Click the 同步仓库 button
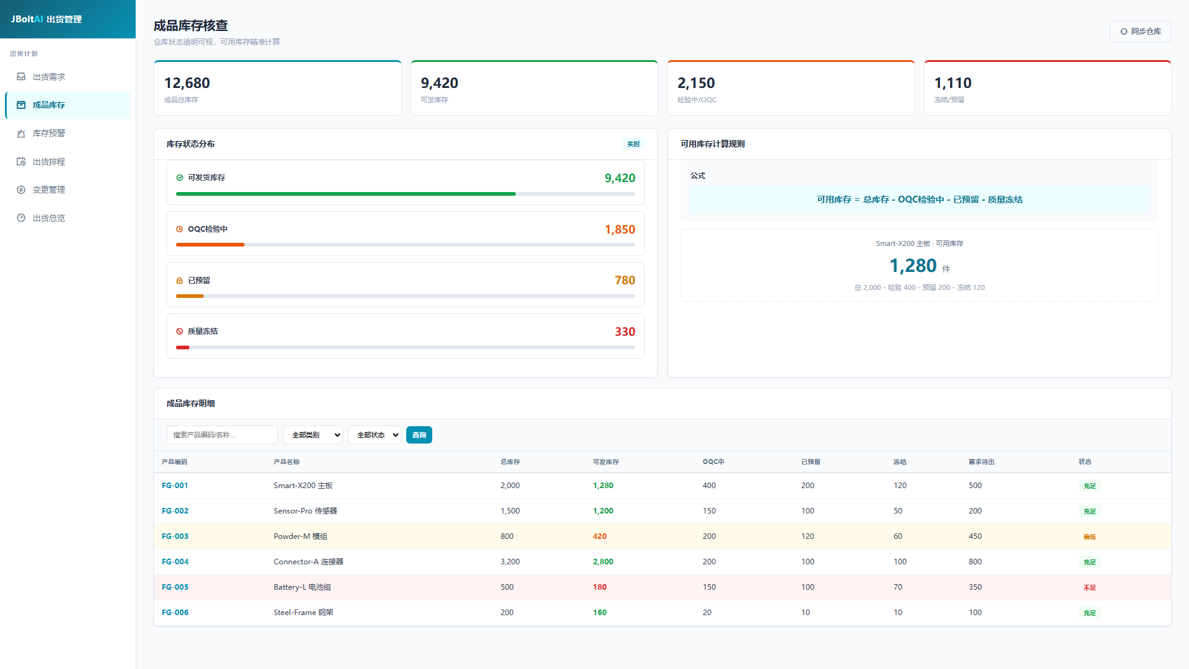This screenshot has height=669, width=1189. (1140, 32)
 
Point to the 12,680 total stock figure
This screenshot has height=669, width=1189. (187, 83)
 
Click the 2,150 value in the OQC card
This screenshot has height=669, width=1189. (696, 83)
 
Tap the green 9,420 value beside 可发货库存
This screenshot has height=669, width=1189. (620, 178)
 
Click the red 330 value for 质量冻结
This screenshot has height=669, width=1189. (625, 332)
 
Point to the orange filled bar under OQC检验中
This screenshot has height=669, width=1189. (210, 245)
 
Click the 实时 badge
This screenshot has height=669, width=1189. (634, 144)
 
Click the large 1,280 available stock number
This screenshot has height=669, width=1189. (913, 266)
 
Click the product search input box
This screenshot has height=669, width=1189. (222, 435)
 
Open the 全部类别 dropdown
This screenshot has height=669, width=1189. (313, 435)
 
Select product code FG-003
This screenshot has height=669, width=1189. (175, 536)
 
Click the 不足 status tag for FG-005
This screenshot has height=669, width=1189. (1089, 588)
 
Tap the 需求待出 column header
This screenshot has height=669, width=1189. (982, 462)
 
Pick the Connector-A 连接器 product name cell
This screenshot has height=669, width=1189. (308, 562)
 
